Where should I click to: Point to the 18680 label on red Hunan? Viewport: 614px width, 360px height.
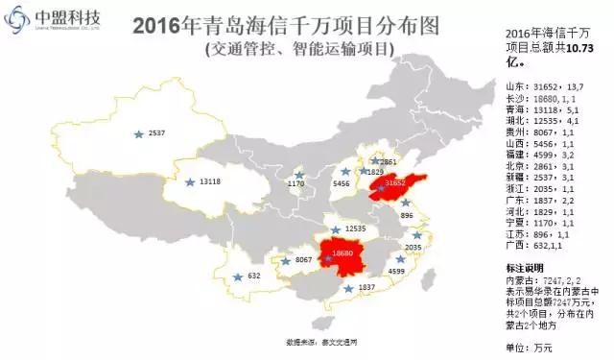coord(342,252)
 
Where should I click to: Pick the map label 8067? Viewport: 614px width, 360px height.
coord(304,259)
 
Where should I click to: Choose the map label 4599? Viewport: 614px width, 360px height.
coord(396,272)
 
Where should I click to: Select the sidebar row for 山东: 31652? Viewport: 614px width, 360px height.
coord(549,86)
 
